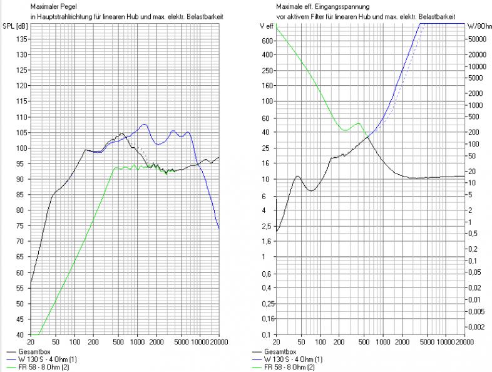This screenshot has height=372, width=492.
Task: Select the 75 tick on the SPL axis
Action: [23, 225]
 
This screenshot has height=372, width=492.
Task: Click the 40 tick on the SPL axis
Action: [23, 334]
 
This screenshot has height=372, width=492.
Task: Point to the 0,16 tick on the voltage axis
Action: [265, 319]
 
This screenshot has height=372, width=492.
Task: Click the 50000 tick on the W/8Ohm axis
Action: [478, 39]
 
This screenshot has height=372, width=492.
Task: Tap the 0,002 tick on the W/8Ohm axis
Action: [478, 327]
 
